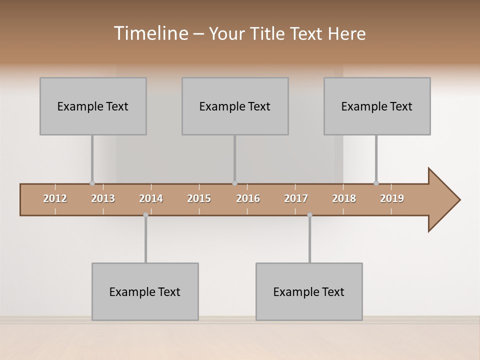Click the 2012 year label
click(55, 198)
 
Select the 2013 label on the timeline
click(103, 198)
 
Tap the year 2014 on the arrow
click(151, 198)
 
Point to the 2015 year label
click(199, 198)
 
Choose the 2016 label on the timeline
click(248, 198)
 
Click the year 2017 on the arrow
click(296, 198)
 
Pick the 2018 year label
click(344, 198)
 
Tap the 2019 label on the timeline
click(392, 198)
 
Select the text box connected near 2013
click(93, 106)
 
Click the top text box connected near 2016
click(235, 106)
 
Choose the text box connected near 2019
click(377, 106)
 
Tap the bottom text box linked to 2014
click(145, 291)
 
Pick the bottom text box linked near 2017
click(309, 291)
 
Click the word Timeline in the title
click(150, 33)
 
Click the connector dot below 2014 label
click(145, 215)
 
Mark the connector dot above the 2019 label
click(376, 183)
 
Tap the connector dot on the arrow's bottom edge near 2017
click(309, 215)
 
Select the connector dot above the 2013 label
click(92, 183)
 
